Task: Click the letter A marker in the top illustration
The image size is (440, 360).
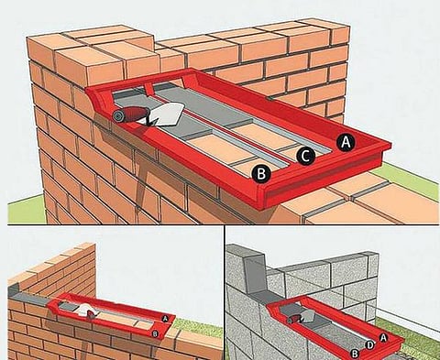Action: click(346, 142)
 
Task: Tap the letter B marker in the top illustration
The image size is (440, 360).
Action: click(261, 174)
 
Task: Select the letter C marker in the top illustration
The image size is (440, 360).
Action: click(305, 156)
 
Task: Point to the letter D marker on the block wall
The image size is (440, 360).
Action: click(370, 345)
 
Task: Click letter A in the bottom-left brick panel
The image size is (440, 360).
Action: click(166, 319)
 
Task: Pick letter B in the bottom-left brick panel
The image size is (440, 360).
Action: click(155, 333)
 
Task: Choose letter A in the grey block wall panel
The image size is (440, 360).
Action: click(384, 337)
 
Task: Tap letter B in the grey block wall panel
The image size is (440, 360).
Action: click(355, 354)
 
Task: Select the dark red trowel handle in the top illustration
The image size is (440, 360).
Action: click(134, 115)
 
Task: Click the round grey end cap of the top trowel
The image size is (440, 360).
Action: click(117, 116)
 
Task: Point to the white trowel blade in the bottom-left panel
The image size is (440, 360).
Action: click(84, 310)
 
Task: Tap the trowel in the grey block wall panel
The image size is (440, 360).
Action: click(301, 318)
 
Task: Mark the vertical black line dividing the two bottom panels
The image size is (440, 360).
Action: click(225, 293)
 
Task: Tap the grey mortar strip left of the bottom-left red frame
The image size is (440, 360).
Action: click(30, 297)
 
